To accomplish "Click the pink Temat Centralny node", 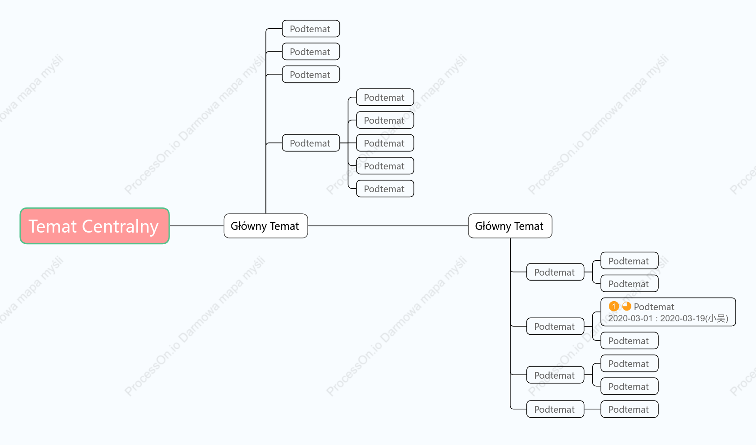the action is (x=95, y=226).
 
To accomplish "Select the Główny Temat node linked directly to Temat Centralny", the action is (x=265, y=226).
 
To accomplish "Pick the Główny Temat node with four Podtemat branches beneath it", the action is (x=510, y=226).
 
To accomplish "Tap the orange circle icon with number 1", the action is (x=613, y=306).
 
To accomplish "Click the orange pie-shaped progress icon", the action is (x=626, y=306).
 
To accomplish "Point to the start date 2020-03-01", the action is (x=630, y=319).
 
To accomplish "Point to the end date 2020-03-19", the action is (x=682, y=319).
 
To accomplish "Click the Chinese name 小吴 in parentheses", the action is (x=717, y=319).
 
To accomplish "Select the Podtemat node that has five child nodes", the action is (x=311, y=143).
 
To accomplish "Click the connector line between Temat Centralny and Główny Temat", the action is (x=196, y=226).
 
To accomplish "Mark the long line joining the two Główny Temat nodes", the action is (x=388, y=226).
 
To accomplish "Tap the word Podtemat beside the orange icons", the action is (x=654, y=307).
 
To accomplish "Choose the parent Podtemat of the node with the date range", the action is (x=555, y=326).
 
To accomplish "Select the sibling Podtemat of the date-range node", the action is (x=630, y=341).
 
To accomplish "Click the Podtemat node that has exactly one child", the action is (x=555, y=409).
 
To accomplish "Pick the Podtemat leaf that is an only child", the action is (x=630, y=409).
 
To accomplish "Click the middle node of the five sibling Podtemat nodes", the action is (x=385, y=143).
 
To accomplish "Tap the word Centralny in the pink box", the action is (x=121, y=226).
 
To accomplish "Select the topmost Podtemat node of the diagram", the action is (x=311, y=29).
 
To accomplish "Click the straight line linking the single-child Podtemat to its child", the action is (x=592, y=409).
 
